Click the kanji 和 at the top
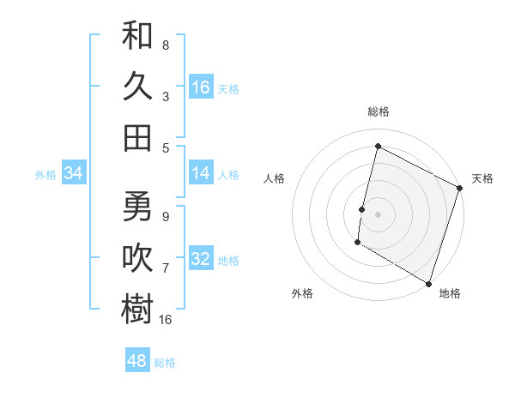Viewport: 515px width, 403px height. (137, 36)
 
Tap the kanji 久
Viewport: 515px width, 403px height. (137, 86)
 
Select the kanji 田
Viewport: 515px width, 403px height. (137, 137)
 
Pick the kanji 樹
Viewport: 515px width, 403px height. (137, 309)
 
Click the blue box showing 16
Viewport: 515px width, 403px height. (201, 87)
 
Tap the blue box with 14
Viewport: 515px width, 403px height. (201, 173)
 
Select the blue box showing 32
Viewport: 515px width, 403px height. (201, 259)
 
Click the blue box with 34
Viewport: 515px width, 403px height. (74, 173)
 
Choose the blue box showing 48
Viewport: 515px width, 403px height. (137, 361)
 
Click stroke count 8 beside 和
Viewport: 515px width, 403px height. (166, 45)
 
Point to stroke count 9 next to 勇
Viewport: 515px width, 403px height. (166, 216)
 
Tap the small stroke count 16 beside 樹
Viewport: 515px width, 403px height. (166, 319)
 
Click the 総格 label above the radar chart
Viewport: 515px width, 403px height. (378, 111)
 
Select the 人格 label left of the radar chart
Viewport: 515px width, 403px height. (275, 178)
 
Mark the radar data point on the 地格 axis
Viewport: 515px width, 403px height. (428, 283)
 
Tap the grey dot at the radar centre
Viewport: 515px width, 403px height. (378, 214)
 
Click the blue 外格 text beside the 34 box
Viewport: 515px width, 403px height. (45, 174)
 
